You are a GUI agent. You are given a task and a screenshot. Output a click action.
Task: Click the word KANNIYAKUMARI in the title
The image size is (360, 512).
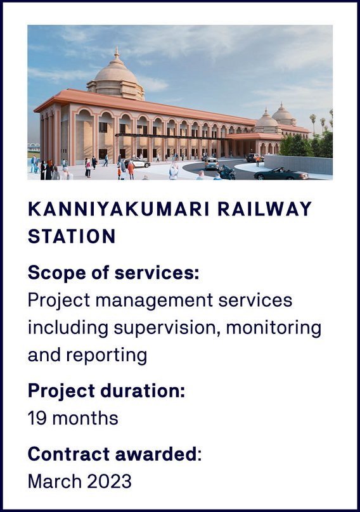pyautogui.click(x=119, y=209)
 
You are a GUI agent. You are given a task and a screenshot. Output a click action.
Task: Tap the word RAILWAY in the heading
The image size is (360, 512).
pyautogui.click(x=264, y=209)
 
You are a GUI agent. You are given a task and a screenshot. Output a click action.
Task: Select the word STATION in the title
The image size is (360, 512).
pyautogui.click(x=72, y=236)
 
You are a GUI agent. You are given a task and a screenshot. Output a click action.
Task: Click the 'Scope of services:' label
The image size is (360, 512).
pyautogui.click(x=113, y=272)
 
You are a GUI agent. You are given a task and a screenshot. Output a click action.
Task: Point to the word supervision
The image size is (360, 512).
pyautogui.click(x=166, y=328)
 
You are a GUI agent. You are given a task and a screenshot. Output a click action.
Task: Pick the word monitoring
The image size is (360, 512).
pyautogui.click(x=274, y=328)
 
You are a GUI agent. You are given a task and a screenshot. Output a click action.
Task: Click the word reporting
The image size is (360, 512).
pyautogui.click(x=107, y=355)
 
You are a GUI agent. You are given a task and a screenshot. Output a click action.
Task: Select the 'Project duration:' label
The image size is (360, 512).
pyautogui.click(x=106, y=390)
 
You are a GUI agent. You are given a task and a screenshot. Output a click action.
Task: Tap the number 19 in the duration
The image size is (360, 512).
pyautogui.click(x=37, y=418)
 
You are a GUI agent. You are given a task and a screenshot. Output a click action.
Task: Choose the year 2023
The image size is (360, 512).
pyautogui.click(x=109, y=482)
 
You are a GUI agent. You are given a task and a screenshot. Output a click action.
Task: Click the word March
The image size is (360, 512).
pyautogui.click(x=55, y=482)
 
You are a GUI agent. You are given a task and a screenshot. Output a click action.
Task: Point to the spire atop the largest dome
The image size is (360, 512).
pyautogui.click(x=117, y=53)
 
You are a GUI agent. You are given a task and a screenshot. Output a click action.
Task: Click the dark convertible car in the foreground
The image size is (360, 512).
pyautogui.click(x=281, y=174)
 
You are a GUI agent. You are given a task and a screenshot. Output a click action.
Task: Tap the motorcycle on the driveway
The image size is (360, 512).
pyautogui.click(x=227, y=173)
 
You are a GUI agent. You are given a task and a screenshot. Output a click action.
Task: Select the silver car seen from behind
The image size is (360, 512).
pyautogui.click(x=212, y=163)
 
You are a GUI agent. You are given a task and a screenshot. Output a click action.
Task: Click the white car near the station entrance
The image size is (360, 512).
pyautogui.click(x=138, y=163)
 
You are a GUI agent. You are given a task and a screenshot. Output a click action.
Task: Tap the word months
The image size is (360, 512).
pyautogui.click(x=86, y=418)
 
